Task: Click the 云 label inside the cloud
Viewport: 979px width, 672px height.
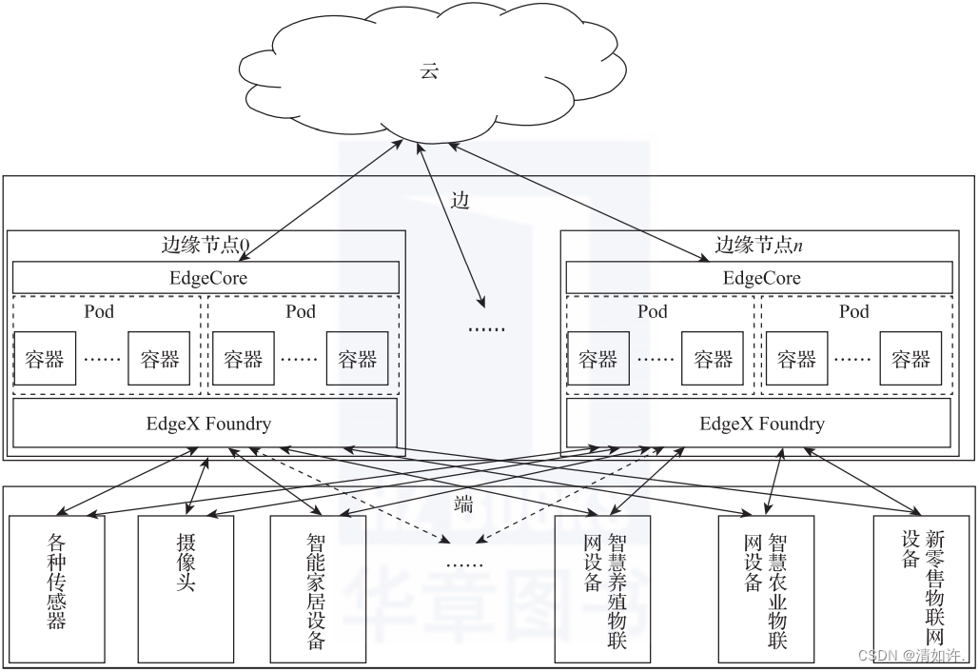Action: pyautogui.click(x=429, y=71)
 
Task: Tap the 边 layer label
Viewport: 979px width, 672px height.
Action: pyautogui.click(x=460, y=201)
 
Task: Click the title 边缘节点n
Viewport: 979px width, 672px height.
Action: pyautogui.click(x=758, y=245)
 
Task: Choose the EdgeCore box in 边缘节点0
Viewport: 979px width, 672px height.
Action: pyautogui.click(x=206, y=278)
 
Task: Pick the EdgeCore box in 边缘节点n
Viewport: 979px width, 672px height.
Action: pyautogui.click(x=759, y=278)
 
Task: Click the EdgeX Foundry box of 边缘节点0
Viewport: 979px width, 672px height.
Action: pyautogui.click(x=206, y=424)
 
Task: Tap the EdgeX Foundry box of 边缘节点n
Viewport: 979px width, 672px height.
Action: pyautogui.click(x=759, y=424)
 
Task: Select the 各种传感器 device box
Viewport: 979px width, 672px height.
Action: pyautogui.click(x=57, y=588)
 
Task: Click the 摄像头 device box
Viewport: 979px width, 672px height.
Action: pyautogui.click(x=186, y=588)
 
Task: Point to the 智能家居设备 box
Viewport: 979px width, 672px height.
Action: pyautogui.click(x=318, y=588)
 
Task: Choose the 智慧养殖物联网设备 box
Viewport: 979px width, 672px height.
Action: pyautogui.click(x=603, y=588)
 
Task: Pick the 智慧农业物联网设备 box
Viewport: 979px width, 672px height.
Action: pyautogui.click(x=766, y=588)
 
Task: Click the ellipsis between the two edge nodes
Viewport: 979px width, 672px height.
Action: pyautogui.click(x=486, y=327)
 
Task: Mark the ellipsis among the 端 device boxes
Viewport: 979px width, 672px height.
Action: pyautogui.click(x=463, y=563)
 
